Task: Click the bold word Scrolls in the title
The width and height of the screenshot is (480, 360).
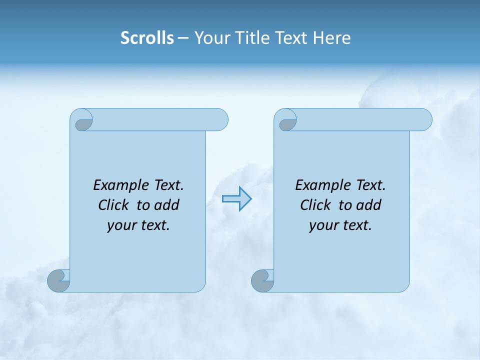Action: tap(147, 37)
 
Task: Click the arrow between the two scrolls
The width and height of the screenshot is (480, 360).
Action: tap(236, 199)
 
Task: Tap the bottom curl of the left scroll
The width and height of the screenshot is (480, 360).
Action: tap(58, 280)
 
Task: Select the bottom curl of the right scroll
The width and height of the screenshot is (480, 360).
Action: tap(262, 280)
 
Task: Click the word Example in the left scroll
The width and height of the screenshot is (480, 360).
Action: tap(115, 185)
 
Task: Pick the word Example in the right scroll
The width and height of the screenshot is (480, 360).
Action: tap(317, 185)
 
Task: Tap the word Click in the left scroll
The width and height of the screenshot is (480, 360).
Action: tap(112, 205)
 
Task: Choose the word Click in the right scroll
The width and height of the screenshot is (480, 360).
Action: tap(315, 205)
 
